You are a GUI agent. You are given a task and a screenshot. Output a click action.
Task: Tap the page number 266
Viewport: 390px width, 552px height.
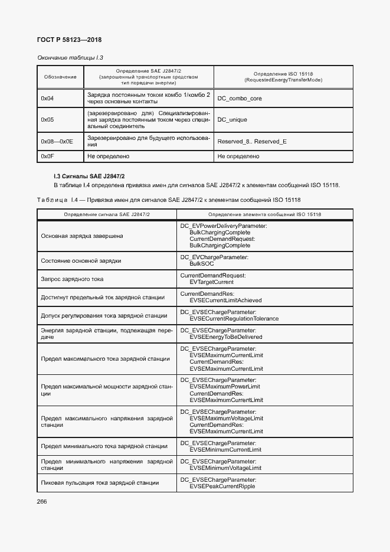[x=42, y=502]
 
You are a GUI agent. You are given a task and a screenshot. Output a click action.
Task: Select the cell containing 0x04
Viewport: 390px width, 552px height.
[x=47, y=99]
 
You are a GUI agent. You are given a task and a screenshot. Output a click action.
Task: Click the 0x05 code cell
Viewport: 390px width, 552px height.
[x=47, y=120]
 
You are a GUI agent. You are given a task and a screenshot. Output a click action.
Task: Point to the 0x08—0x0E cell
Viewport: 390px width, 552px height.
[x=57, y=142]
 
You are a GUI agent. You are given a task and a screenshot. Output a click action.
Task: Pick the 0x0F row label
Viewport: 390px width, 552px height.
[x=47, y=156]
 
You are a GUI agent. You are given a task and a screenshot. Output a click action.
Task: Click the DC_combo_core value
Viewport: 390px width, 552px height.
[x=240, y=99]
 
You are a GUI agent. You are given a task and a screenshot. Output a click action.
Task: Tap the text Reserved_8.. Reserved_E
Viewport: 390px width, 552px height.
[x=252, y=142]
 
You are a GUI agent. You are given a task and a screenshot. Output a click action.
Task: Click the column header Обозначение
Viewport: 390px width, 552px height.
[x=60, y=77]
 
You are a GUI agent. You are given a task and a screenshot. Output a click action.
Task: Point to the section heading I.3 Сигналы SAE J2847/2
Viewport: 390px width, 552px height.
[x=89, y=176]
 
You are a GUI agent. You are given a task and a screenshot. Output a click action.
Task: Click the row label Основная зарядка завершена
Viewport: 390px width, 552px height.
[x=82, y=236]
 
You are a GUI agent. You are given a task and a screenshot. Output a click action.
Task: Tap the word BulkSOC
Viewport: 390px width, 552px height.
[x=201, y=263]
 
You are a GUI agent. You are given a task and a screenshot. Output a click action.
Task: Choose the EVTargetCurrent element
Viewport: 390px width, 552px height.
[x=212, y=282]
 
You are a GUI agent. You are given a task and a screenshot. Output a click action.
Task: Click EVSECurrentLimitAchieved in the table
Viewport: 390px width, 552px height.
[x=225, y=300]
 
